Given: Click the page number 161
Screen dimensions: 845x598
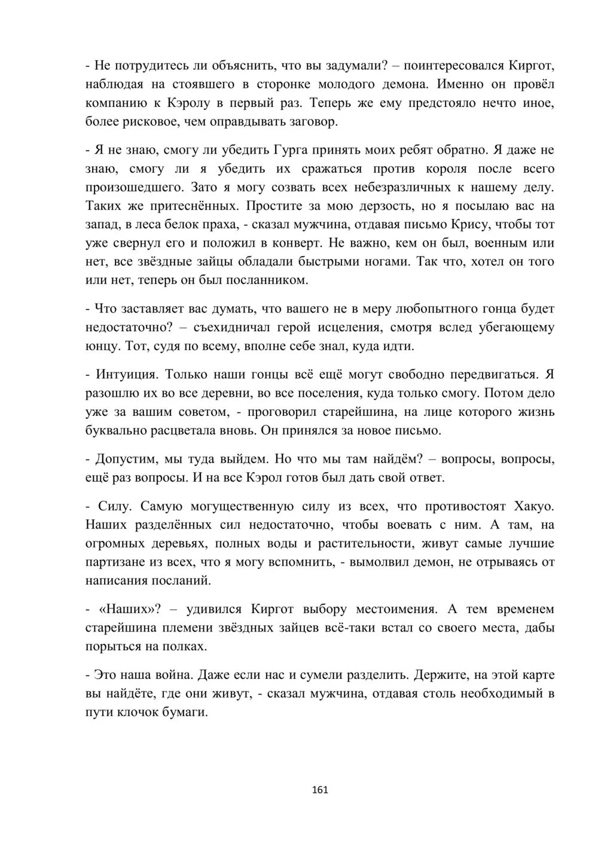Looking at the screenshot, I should pyautogui.click(x=320, y=789).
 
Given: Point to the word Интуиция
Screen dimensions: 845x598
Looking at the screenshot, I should pyautogui.click(x=126, y=375).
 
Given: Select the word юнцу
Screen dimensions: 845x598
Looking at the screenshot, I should pyautogui.click(x=105, y=346).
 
